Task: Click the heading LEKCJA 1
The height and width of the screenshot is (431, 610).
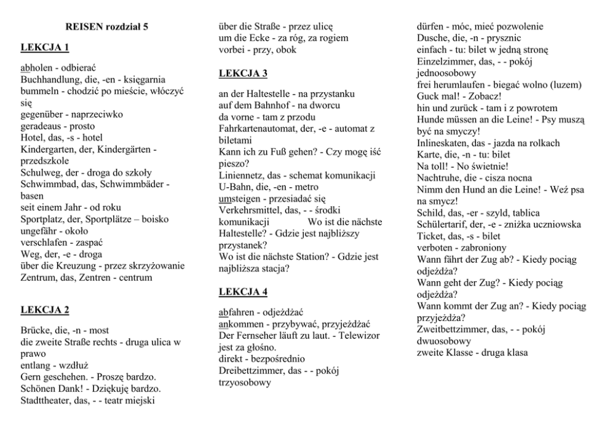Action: click(x=44, y=47)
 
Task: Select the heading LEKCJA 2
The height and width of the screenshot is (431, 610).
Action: click(x=44, y=309)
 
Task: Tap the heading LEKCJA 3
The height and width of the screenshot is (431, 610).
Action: click(x=243, y=74)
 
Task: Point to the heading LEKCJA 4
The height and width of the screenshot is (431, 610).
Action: click(x=243, y=291)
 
